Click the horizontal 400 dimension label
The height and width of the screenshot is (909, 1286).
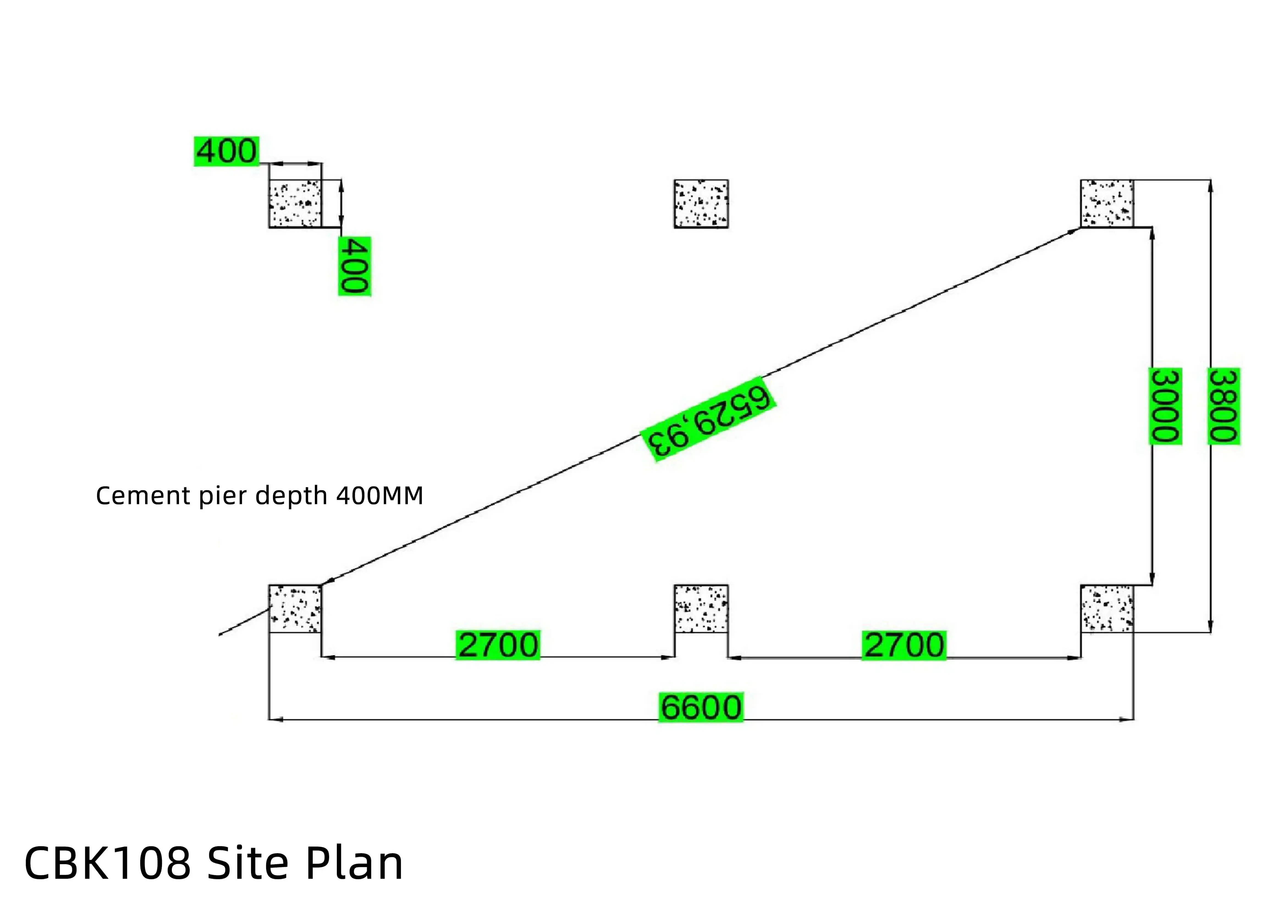coord(226,151)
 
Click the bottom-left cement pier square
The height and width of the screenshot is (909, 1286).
coord(295,609)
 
